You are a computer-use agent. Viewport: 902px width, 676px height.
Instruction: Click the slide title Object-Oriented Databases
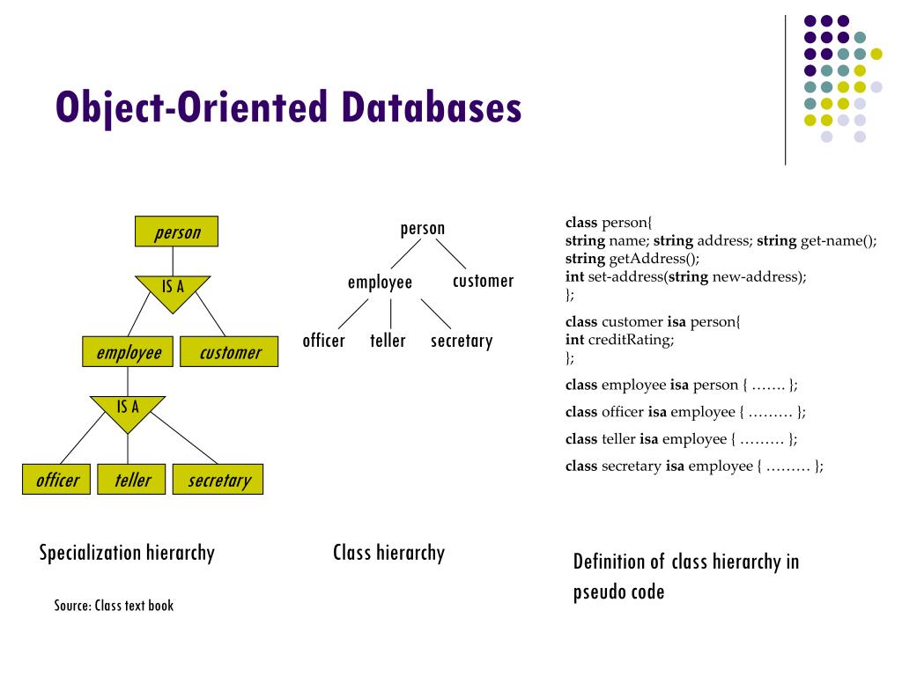click(x=288, y=108)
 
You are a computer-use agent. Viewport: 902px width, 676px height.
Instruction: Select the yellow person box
click(x=177, y=232)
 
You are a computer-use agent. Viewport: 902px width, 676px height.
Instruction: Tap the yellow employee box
click(x=129, y=352)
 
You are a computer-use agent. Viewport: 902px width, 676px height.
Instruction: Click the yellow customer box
click(x=229, y=352)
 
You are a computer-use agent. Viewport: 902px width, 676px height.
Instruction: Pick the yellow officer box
click(x=56, y=480)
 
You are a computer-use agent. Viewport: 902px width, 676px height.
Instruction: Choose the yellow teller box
click(x=131, y=480)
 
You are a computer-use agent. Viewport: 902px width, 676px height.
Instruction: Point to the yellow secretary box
click(x=218, y=480)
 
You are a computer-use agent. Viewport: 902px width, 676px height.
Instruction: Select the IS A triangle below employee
click(x=128, y=408)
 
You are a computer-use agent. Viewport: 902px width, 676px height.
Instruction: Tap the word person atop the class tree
click(x=422, y=229)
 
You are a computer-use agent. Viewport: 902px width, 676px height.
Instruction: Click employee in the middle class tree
click(x=380, y=283)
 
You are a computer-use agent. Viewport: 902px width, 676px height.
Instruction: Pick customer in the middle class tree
click(x=483, y=282)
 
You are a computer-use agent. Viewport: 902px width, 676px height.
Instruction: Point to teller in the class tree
click(x=388, y=341)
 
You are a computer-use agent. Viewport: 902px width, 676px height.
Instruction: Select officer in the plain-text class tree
click(x=323, y=341)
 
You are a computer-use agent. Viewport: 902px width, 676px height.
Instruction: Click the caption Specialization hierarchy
click(x=127, y=553)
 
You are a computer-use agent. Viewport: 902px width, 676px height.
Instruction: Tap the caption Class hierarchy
click(x=388, y=553)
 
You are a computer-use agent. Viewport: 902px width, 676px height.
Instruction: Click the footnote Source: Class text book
click(x=114, y=606)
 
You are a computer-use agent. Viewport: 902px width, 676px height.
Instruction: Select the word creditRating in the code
click(x=631, y=340)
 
